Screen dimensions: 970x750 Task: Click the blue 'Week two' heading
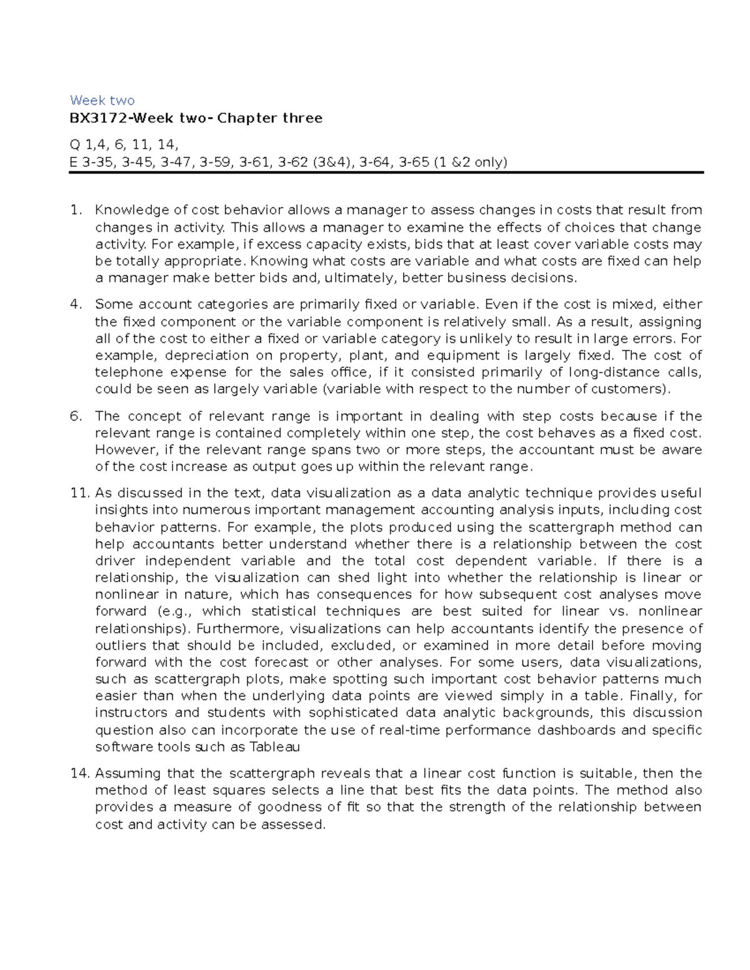point(102,101)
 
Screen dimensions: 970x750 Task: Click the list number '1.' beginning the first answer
point(76,210)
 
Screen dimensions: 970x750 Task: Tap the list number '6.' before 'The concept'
point(76,417)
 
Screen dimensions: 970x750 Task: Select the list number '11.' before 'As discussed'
point(80,493)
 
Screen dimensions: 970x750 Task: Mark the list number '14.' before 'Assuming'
point(80,774)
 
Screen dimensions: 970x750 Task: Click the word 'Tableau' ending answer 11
point(275,747)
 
